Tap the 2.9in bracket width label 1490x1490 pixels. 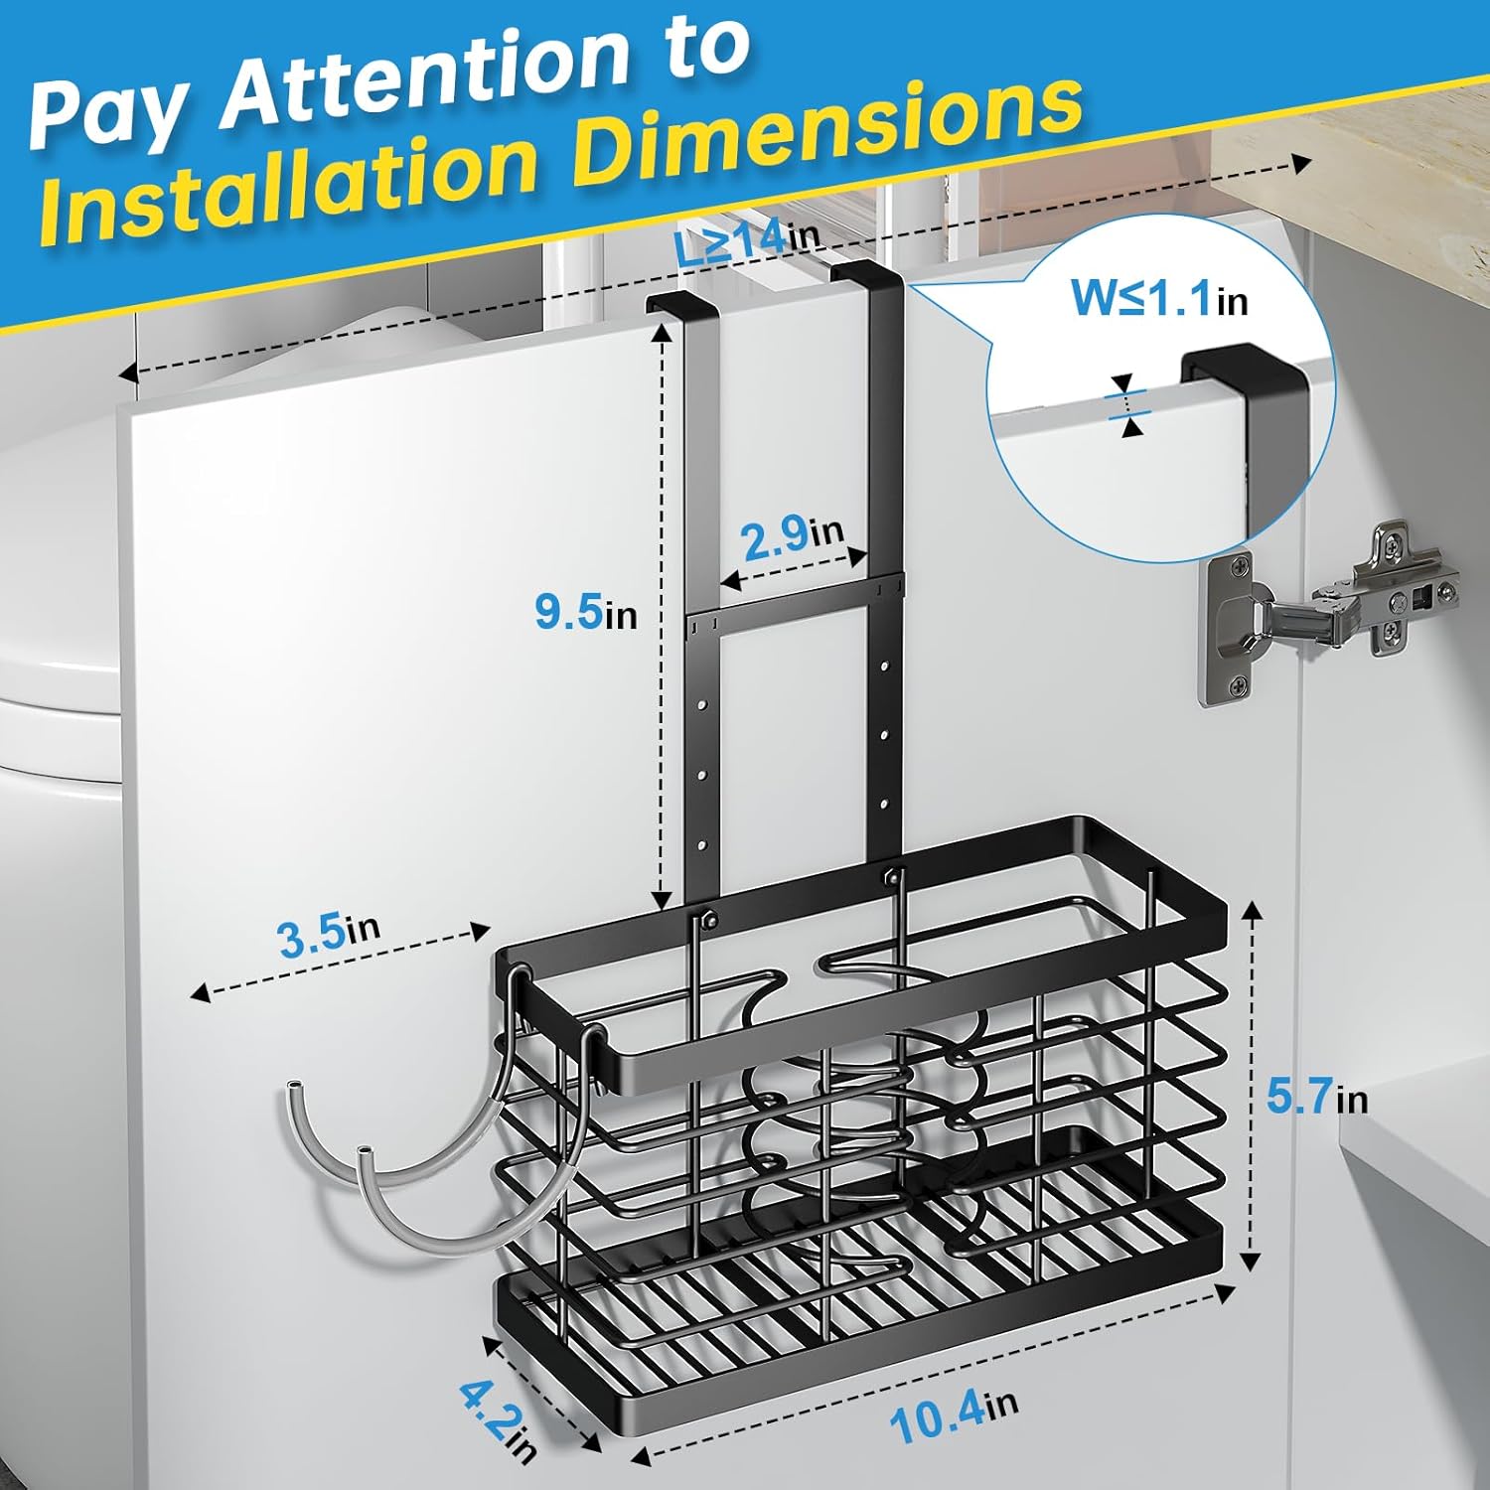[793, 536]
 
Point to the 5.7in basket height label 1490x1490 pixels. [1316, 1097]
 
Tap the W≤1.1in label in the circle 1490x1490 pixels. [1158, 297]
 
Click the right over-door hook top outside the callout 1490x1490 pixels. [866, 275]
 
